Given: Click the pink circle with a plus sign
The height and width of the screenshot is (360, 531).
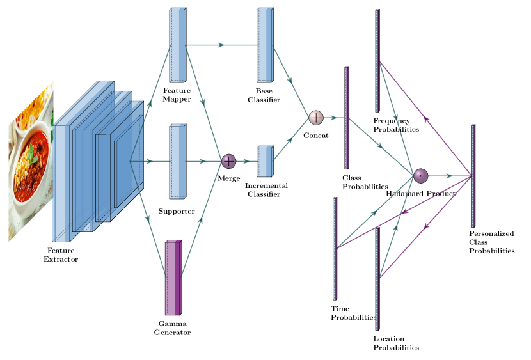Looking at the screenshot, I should point(316,118).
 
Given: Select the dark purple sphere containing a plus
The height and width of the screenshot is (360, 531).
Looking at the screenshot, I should point(228,161).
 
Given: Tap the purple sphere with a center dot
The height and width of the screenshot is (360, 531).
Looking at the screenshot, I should point(420,176).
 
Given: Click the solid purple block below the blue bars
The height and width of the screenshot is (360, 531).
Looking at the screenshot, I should point(173,278).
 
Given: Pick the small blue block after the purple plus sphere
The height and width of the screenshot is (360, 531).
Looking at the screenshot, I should point(265,161).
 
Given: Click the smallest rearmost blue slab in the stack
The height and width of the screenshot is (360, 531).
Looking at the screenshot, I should point(128,160).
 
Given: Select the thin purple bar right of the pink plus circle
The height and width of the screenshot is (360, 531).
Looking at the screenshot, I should point(347,118).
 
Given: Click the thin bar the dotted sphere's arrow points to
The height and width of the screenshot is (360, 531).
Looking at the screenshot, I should point(473,175).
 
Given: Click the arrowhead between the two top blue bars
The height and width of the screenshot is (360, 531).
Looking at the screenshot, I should point(221,45).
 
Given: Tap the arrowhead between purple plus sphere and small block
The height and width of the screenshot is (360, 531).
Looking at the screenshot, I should point(246,162).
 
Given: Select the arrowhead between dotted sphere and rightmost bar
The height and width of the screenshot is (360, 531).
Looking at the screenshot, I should point(449,176).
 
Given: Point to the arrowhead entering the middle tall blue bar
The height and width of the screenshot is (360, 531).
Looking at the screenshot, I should point(149,162).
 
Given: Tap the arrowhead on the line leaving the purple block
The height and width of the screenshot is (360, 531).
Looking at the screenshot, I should point(200,220).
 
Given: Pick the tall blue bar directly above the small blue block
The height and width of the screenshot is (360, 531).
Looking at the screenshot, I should point(265,45).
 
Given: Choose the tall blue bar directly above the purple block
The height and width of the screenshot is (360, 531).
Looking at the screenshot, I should point(177,162).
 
